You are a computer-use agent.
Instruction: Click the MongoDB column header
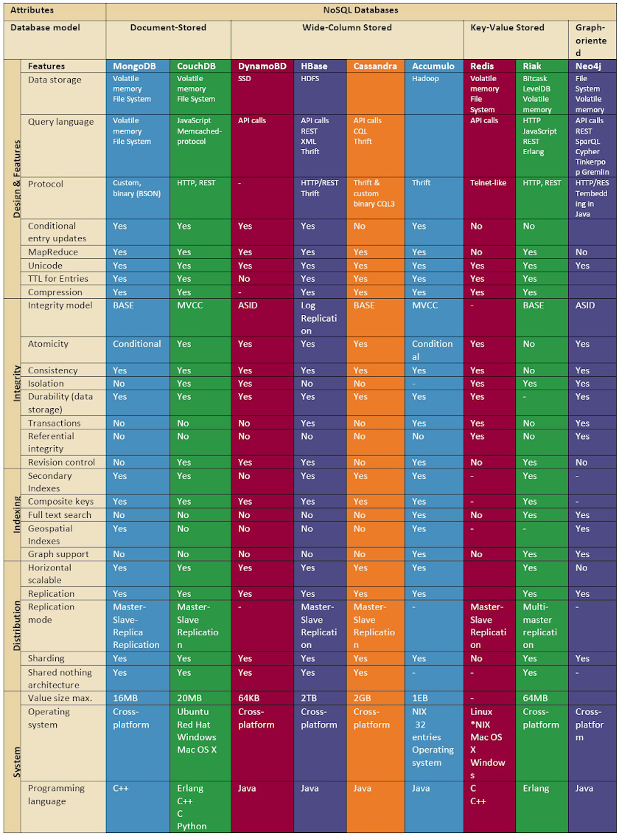coord(134,66)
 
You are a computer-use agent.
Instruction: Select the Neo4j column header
coord(587,66)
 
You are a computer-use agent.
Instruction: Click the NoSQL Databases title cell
coord(360,10)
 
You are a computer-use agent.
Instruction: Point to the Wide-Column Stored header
coord(346,28)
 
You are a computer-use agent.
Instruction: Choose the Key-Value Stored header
coord(507,28)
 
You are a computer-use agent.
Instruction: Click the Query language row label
coord(55,122)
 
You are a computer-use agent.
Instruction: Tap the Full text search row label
coord(60,515)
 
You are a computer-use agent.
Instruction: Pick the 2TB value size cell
coord(309,698)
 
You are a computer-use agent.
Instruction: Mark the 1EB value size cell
coord(420,698)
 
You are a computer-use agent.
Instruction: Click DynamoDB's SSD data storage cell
coord(245,78)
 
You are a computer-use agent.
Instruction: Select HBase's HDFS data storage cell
coord(310,78)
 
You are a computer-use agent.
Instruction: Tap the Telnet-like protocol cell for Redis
coord(488,183)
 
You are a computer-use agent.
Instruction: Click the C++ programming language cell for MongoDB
coord(121,788)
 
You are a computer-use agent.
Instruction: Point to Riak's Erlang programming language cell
coord(536,788)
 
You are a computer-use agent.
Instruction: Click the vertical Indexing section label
coord(17,514)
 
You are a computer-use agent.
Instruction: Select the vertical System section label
coord(17,762)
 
